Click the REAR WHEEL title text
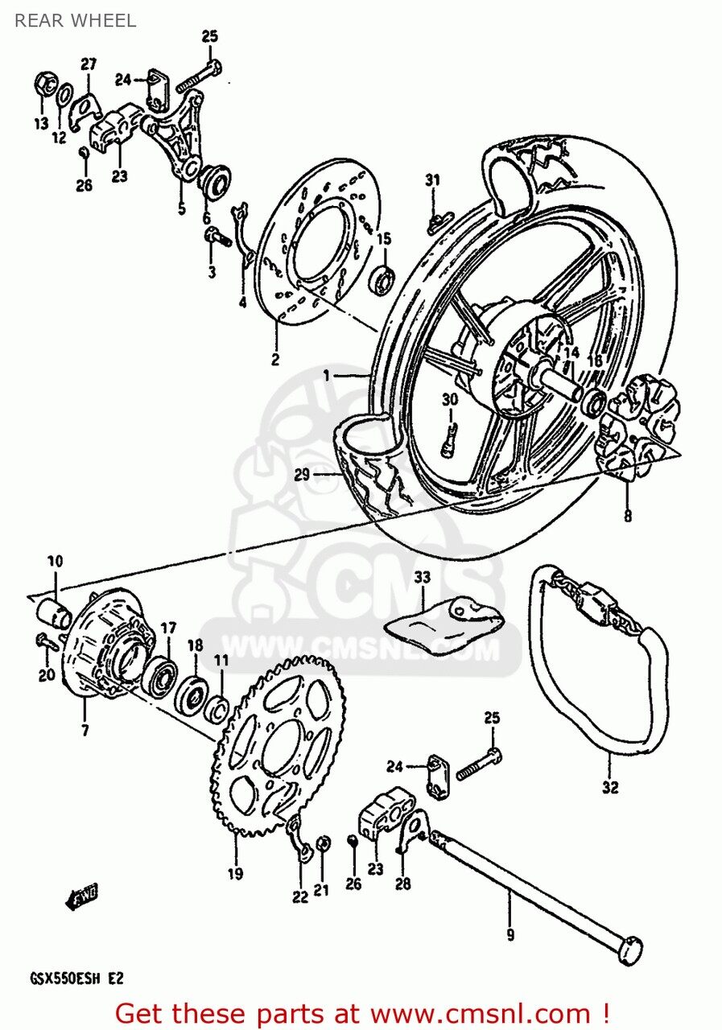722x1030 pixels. (x=75, y=21)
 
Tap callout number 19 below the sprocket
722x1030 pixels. (x=235, y=873)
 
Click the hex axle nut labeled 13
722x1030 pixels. (x=44, y=84)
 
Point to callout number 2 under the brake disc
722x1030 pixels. (x=275, y=359)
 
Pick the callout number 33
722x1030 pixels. (x=422, y=578)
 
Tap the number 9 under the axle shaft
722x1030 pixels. (x=510, y=934)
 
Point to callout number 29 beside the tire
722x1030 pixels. (x=302, y=475)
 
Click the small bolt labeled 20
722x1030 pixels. (x=45, y=641)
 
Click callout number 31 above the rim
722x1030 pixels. (x=433, y=180)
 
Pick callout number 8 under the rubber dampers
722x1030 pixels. (x=627, y=516)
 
